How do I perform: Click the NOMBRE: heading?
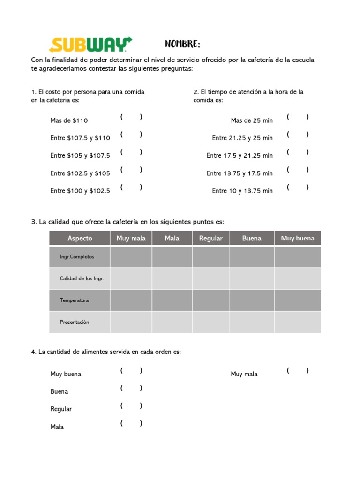[x=182, y=45]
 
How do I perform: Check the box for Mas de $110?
[x=131, y=117]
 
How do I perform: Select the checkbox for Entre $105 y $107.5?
[x=131, y=152]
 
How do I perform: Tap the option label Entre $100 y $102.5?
[x=80, y=191]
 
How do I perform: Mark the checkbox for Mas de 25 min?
[x=298, y=117]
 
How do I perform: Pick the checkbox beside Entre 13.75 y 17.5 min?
[x=298, y=170]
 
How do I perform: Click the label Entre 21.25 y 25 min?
[x=242, y=138]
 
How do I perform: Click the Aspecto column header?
[x=80, y=238]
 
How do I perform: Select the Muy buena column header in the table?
[x=298, y=238]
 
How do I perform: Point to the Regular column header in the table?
[x=211, y=238]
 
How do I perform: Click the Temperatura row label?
[x=74, y=300]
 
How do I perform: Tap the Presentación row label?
[x=74, y=322]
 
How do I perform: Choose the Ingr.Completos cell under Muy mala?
[x=131, y=257]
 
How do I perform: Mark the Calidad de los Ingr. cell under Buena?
[x=252, y=278]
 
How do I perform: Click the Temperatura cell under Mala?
[x=172, y=300]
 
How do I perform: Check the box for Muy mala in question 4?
[x=298, y=371]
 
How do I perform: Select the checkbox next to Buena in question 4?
[x=131, y=388]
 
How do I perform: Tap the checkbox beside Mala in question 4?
[x=131, y=423]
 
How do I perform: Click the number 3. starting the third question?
[x=34, y=222]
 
